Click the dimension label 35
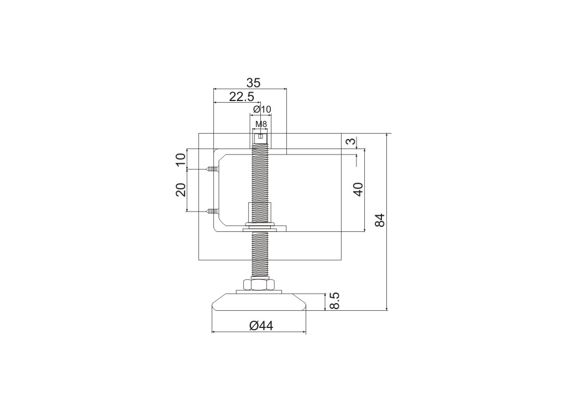pos(253,82)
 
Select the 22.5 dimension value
pos(242,97)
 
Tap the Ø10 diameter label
pos(262,109)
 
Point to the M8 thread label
pos(261,124)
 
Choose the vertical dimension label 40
pos(358,189)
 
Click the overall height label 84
pos(380,220)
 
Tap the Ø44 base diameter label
pos(261,326)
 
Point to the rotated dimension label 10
pos(181,158)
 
